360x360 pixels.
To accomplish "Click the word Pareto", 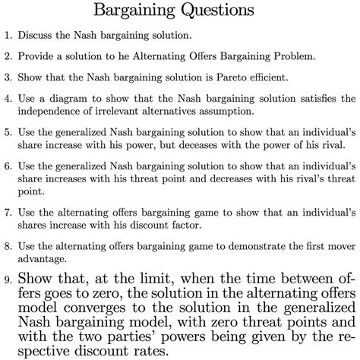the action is point(234,77).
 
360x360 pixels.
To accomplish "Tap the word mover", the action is point(336,246).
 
